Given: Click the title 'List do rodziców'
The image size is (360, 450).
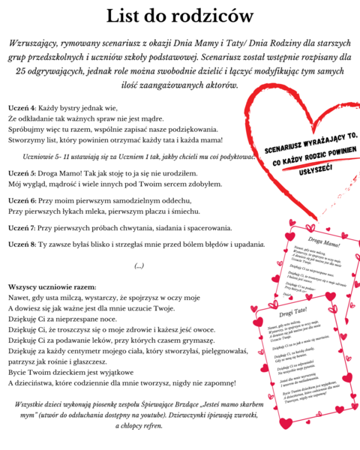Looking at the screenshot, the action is point(179,16).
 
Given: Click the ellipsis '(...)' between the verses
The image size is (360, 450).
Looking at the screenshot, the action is point(138,266).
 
